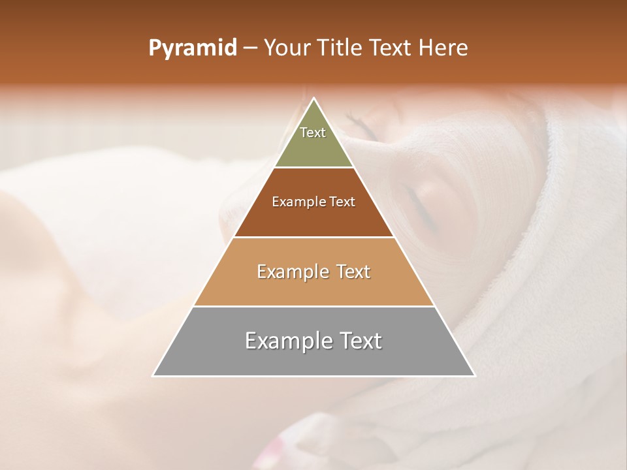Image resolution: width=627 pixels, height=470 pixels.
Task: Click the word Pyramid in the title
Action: click(193, 48)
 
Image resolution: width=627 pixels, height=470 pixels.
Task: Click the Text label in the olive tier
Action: click(313, 133)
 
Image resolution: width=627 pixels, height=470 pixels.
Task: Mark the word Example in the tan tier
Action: click(291, 272)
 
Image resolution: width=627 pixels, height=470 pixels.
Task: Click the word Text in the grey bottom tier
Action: click(359, 341)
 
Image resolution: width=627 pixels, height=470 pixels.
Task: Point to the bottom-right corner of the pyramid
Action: click(474, 375)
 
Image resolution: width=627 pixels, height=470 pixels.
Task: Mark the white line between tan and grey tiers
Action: click(313, 306)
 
